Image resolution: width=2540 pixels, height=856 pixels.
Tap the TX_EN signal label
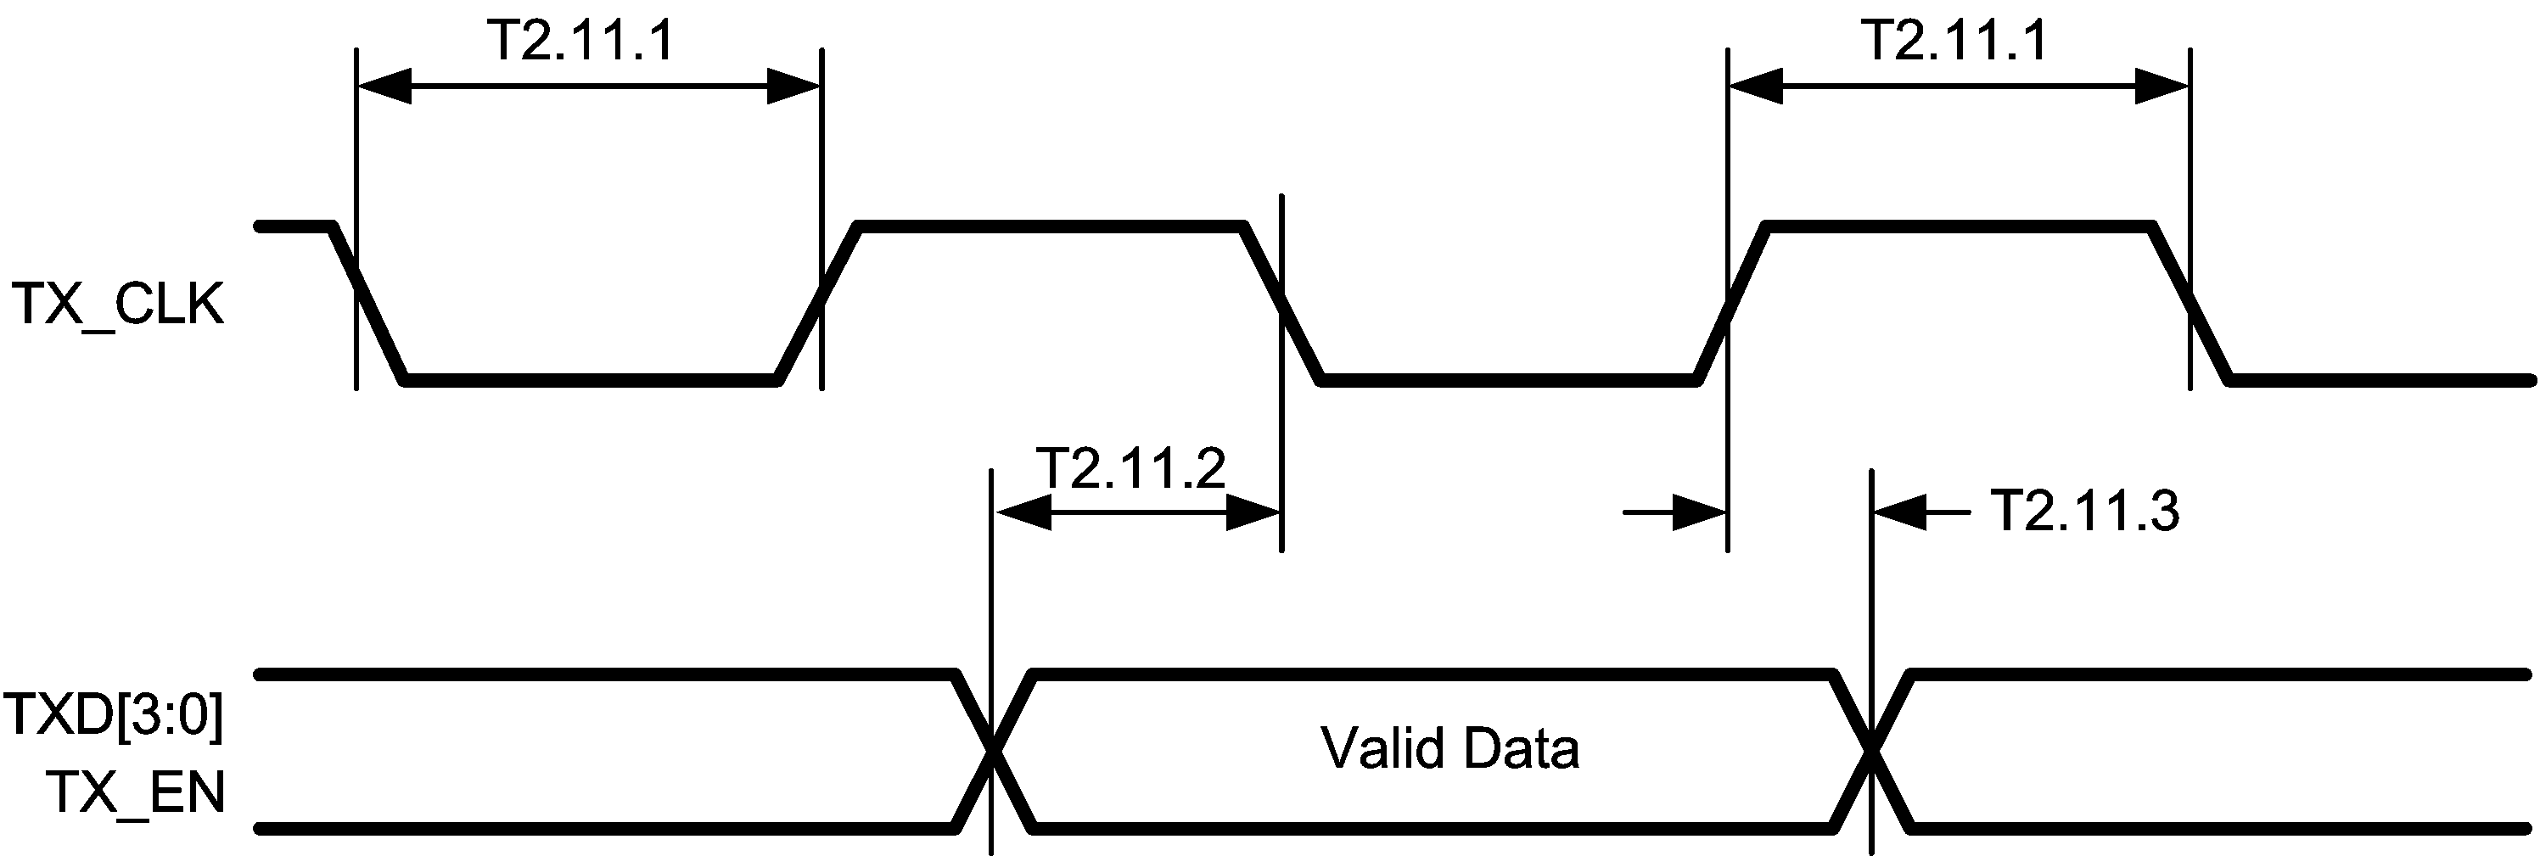(x=136, y=792)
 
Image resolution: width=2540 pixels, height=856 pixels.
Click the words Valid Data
(x=1449, y=748)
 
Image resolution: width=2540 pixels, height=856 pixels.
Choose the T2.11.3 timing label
(x=2084, y=511)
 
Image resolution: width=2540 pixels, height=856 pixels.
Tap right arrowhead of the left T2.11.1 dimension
(x=793, y=87)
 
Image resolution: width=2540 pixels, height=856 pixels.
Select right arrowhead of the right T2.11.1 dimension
(x=2162, y=87)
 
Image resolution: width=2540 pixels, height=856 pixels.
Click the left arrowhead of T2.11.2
(x=1023, y=512)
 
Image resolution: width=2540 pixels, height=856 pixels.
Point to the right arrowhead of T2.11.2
(x=1253, y=512)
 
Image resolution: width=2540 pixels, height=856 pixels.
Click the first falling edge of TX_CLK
(x=369, y=301)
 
